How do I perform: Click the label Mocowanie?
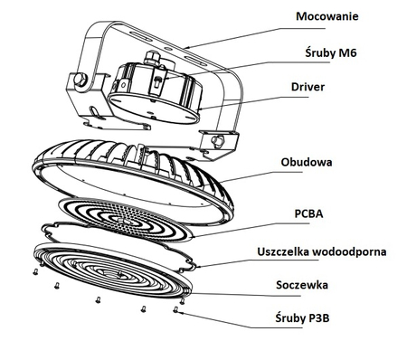pyautogui.click(x=327, y=16)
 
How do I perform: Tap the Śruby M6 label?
pyautogui.click(x=331, y=53)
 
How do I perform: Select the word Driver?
pyautogui.click(x=308, y=87)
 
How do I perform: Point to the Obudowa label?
pyautogui.click(x=307, y=162)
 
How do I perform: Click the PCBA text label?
pyautogui.click(x=308, y=213)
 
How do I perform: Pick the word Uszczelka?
pyautogui.click(x=283, y=251)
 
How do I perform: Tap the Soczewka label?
pyautogui.click(x=302, y=285)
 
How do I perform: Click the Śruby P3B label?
pyautogui.click(x=302, y=318)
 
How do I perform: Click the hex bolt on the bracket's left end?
pyautogui.click(x=80, y=81)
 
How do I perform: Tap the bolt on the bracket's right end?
pyautogui.click(x=217, y=140)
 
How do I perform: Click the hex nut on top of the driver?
pyautogui.click(x=151, y=57)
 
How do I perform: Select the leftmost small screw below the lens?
pyautogui.click(x=35, y=272)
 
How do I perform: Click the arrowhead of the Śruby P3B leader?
pyautogui.click(x=180, y=313)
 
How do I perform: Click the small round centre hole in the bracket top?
pyautogui.click(x=167, y=48)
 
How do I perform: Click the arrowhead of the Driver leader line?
pyautogui.click(x=198, y=109)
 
